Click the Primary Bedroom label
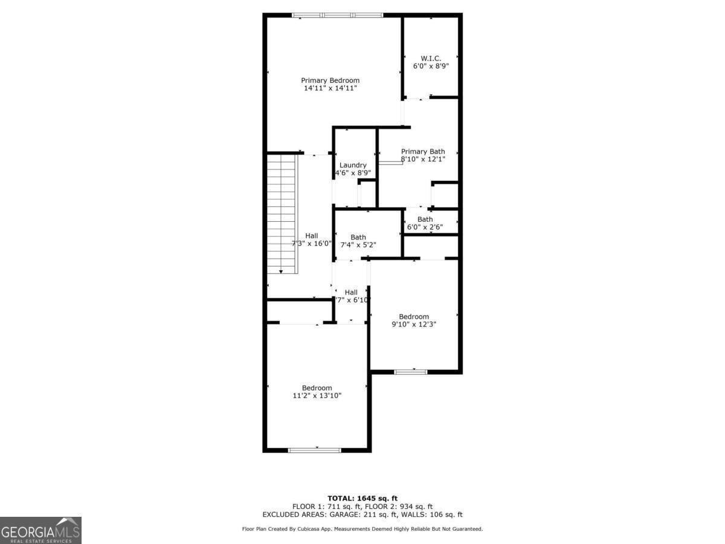coord(330,80)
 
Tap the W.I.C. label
coord(431,59)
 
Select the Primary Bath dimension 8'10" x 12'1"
coord(424,160)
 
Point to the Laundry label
coord(353,165)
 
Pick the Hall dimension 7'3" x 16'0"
coord(312,244)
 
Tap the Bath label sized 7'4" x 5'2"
coord(358,237)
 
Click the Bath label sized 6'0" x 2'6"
coord(425,219)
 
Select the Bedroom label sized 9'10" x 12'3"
coord(414,317)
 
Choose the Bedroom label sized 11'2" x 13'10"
coord(317,388)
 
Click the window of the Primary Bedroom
coord(338,15)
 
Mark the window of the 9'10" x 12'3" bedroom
coord(411,372)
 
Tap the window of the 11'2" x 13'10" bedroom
coord(314,450)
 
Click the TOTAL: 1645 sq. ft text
coord(362,498)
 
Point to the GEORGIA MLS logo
coord(40,530)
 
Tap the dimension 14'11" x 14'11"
coord(330,88)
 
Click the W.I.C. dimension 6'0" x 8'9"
coord(431,66)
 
